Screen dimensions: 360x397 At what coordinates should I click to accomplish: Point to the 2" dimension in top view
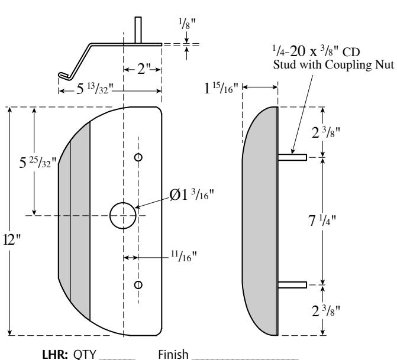click(x=142, y=70)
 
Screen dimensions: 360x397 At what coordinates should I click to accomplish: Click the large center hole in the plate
click(x=122, y=215)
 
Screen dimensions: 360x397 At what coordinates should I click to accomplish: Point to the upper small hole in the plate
click(x=138, y=157)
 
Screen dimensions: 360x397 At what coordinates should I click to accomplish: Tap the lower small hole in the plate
click(x=138, y=285)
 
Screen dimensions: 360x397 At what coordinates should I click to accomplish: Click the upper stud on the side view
click(x=292, y=157)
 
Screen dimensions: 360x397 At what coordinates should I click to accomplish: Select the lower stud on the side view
click(x=292, y=285)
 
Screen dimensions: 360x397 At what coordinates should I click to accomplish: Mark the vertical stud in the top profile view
click(x=137, y=30)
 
